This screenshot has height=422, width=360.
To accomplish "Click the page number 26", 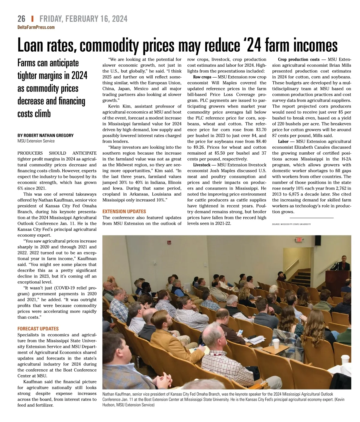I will (21, 19).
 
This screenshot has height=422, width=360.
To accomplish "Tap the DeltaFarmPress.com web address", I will (36, 27).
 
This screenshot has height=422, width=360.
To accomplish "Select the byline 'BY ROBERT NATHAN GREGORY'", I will (45, 135).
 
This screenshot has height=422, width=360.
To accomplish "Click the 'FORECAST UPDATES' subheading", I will (38, 329).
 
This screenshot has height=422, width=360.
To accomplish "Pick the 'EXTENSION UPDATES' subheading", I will (124, 211).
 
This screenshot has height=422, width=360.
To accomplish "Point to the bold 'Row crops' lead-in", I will (202, 77).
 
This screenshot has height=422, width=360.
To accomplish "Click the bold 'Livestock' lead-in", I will (202, 165).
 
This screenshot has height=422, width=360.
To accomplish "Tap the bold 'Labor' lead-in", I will (283, 141).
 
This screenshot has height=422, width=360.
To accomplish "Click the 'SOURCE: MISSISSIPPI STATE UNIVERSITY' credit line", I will (291, 224).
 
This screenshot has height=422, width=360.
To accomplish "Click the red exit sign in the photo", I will (299, 240).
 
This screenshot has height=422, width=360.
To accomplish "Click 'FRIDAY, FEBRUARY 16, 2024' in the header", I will (83, 19).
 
